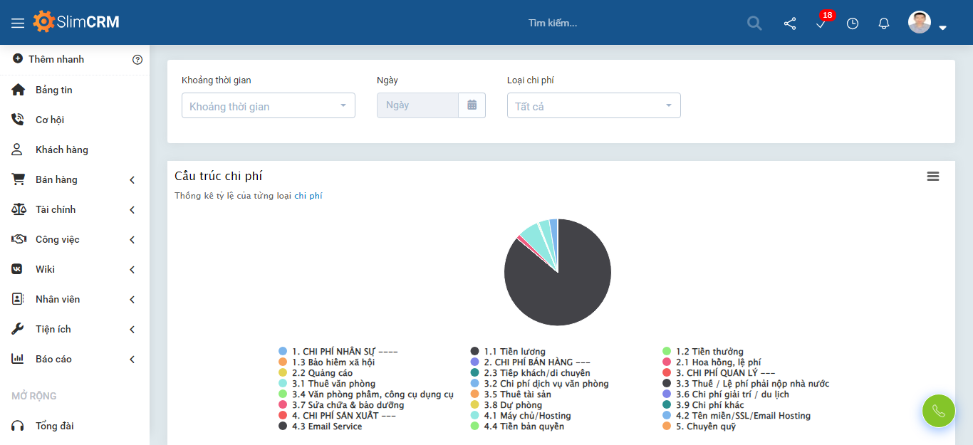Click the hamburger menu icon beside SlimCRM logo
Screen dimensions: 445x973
pyautogui.click(x=18, y=23)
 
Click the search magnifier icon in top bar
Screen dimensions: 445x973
pyautogui.click(x=754, y=23)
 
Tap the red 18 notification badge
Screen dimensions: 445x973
pyautogui.click(x=827, y=15)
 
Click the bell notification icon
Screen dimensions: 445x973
pyautogui.click(x=884, y=23)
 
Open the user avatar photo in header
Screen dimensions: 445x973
pyautogui.click(x=920, y=22)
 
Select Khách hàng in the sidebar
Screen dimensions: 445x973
pyautogui.click(x=61, y=150)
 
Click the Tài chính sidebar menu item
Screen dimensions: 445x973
pyautogui.click(x=55, y=209)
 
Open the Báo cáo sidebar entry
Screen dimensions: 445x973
pyautogui.click(x=53, y=359)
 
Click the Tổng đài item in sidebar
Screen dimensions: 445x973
pyautogui.click(x=54, y=426)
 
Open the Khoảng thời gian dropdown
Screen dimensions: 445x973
pyautogui.click(x=268, y=106)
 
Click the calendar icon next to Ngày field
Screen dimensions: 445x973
pyautogui.click(x=472, y=105)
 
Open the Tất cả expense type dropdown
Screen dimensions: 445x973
pyautogui.click(x=593, y=106)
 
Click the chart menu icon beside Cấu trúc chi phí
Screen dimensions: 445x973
pyautogui.click(x=933, y=177)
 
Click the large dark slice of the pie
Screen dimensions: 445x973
pyautogui.click(x=563, y=292)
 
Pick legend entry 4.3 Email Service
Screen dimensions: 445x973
pyautogui.click(x=326, y=426)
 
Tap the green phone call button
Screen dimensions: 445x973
pyautogui.click(x=938, y=411)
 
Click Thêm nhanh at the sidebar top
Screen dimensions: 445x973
pyautogui.click(x=56, y=59)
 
